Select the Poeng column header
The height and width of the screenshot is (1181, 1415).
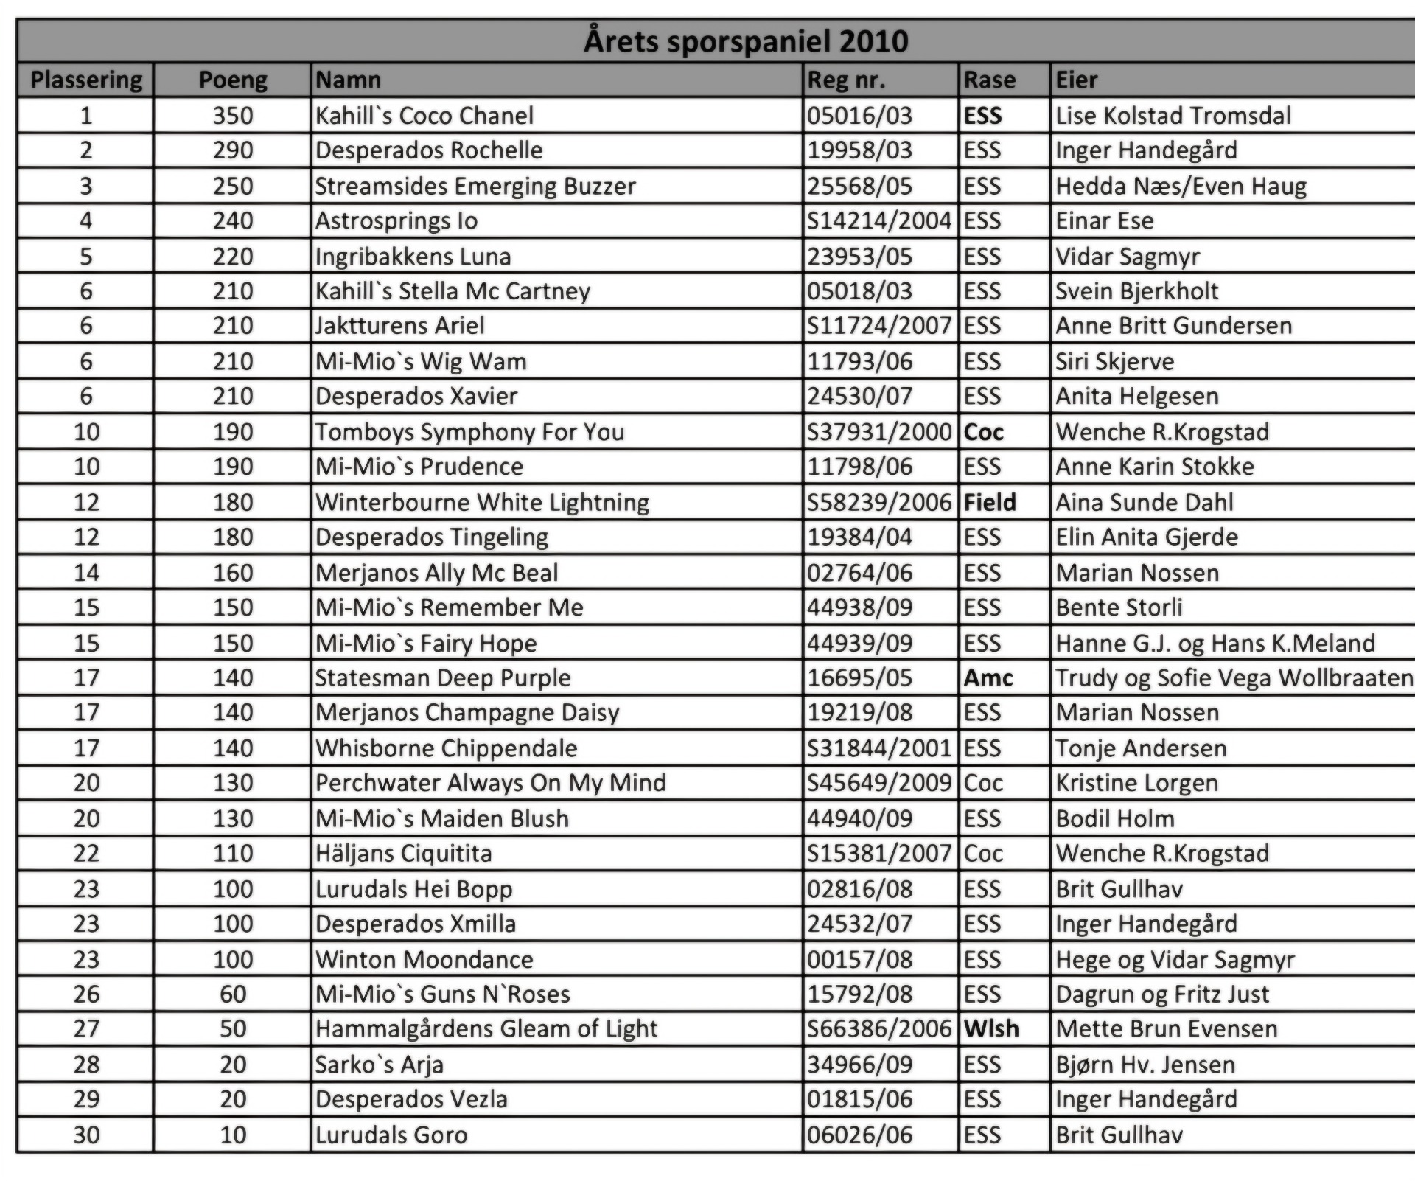pos(233,80)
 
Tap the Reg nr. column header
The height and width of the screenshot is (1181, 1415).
pos(846,80)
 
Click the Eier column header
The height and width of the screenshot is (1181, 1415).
pos(1077,80)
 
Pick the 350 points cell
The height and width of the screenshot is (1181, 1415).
pos(233,116)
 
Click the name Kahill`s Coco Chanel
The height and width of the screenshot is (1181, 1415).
pos(424,116)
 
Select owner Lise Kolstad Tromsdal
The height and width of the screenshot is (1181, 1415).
pos(1173,116)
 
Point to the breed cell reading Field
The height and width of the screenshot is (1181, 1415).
pos(990,503)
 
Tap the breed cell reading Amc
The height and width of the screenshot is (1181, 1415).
pos(988,678)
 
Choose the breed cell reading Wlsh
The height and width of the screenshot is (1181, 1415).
pos(991,1029)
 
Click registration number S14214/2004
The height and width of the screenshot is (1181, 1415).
pos(878,221)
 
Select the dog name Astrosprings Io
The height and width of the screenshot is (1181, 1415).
pos(396,221)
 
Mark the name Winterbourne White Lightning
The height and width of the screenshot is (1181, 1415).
pos(483,503)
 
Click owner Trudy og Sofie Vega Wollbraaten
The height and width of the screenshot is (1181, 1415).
pos(1234,678)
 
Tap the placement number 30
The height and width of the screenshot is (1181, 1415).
pos(86,1135)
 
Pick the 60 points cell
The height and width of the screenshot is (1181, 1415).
pos(233,994)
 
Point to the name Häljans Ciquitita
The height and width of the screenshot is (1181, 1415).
pos(403,854)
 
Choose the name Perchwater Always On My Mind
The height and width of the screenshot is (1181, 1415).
pos(490,783)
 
